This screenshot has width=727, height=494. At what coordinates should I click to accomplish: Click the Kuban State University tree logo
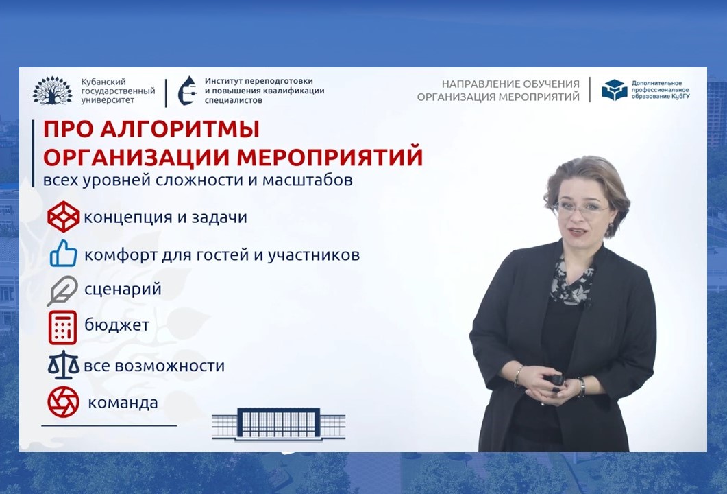(52, 91)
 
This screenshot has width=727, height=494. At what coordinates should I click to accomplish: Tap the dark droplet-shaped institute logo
(187, 91)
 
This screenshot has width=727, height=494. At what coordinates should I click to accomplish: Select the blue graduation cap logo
(615, 90)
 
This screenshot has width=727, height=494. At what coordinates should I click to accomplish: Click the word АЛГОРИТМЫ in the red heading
(180, 129)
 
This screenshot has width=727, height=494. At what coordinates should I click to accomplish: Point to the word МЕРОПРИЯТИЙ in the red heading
(330, 157)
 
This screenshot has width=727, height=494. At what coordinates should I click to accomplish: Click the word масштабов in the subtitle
(308, 180)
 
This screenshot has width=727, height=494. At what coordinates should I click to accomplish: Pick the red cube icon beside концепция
(64, 217)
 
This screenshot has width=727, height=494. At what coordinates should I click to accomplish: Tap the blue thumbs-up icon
(64, 253)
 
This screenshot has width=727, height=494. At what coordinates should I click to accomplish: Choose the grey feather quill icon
(62, 291)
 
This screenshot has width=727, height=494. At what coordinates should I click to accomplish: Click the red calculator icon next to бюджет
(62, 327)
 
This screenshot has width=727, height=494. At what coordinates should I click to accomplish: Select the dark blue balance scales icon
(64, 365)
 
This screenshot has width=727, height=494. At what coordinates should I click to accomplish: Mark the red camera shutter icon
(64, 402)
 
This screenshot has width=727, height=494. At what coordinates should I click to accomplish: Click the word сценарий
(123, 290)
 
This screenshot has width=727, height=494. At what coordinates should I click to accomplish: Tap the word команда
(123, 403)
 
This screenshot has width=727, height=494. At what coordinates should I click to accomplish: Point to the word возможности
(170, 366)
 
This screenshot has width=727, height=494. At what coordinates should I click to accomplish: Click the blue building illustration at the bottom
(279, 423)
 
